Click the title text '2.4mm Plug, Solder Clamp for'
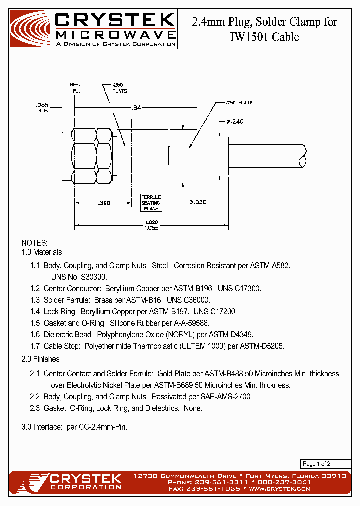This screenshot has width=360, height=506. coord(264,22)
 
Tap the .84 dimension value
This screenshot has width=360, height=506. coord(136,107)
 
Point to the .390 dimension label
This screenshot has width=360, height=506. coord(103,203)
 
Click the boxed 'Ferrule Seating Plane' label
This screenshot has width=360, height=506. coord(150,203)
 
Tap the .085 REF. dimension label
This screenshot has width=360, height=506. coord(42,107)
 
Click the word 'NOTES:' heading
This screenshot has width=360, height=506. coord(34,243)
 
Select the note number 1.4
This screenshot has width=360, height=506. coord(35,311)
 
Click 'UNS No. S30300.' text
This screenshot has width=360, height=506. coord(79,276)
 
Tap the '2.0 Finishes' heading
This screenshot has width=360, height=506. coord(40,359)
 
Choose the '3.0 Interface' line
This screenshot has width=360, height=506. coord(70,428)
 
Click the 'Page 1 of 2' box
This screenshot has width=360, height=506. coord(316,463)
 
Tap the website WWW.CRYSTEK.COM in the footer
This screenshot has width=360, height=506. coord(280,488)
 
